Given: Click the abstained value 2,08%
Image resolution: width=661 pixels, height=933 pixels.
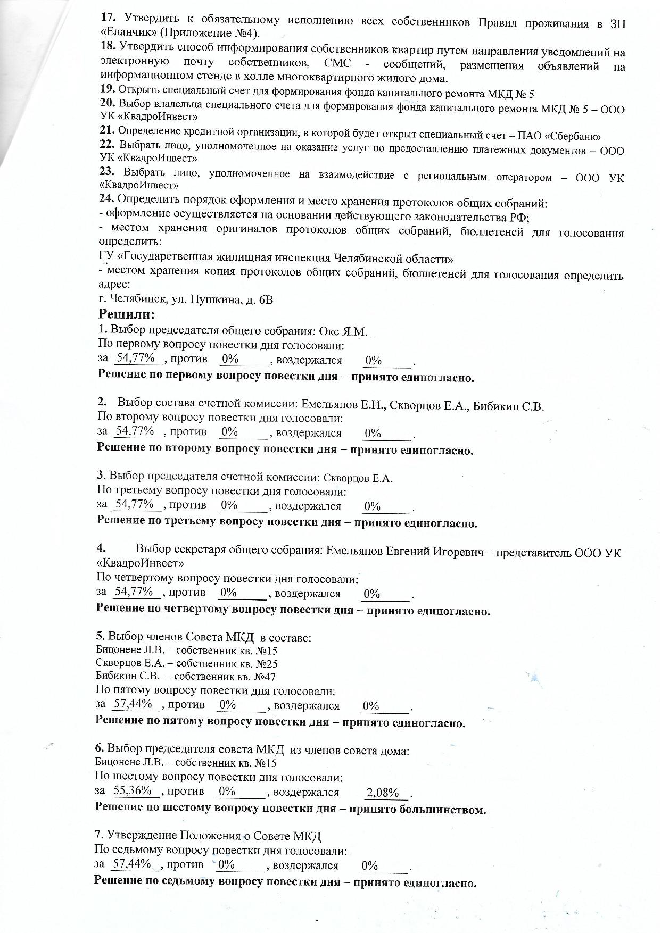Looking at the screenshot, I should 383,793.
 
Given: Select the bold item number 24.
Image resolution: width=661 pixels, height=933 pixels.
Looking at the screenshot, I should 107,200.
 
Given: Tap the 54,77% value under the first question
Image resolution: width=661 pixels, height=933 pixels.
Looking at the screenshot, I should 136,358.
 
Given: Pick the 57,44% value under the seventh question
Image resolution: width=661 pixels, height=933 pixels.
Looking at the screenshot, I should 133,863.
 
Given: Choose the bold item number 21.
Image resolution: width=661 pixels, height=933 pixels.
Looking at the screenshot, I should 107,130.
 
